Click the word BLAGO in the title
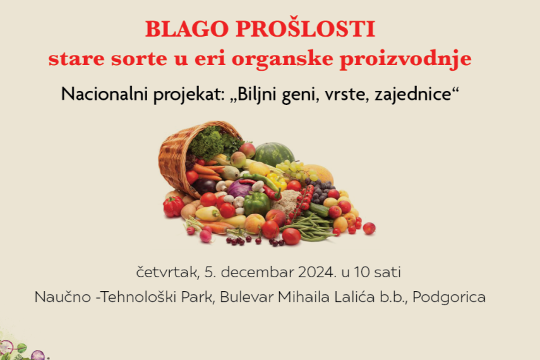(187, 29)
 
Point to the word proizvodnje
(405, 59)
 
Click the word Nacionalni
(105, 93)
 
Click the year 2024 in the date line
(318, 272)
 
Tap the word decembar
(257, 272)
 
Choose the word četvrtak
(168, 272)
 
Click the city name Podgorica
(449, 297)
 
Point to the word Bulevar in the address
(246, 297)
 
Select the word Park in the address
(198, 297)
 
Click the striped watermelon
(274, 153)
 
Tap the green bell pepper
(256, 203)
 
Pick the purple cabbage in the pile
(240, 188)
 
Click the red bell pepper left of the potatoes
(173, 206)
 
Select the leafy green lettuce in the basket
(212, 142)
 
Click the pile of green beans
(310, 227)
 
